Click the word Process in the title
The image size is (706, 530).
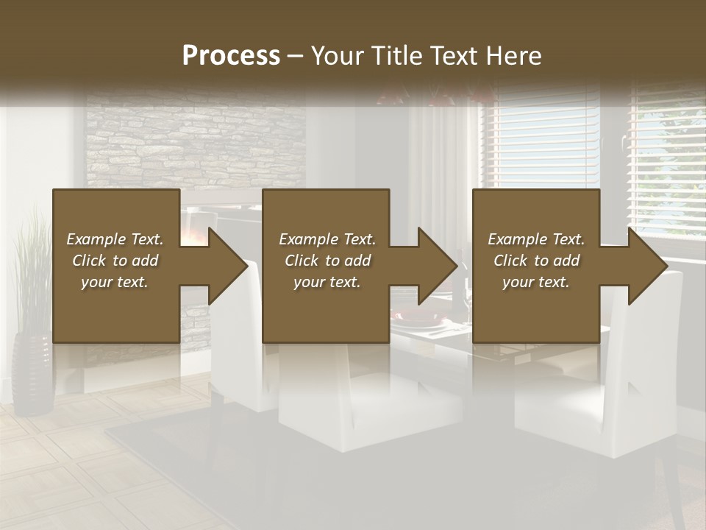point(231,56)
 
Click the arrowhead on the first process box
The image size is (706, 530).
point(228,266)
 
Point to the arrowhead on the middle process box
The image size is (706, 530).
point(438,266)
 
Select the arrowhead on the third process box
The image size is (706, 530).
point(647,266)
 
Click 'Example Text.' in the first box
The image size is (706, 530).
point(115,239)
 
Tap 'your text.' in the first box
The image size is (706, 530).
point(115,282)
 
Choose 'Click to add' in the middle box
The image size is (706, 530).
point(327,261)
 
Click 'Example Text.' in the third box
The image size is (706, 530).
point(536,239)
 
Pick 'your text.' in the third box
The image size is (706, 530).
point(536,282)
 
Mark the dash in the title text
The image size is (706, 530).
point(295,56)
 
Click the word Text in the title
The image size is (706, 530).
point(454,56)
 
